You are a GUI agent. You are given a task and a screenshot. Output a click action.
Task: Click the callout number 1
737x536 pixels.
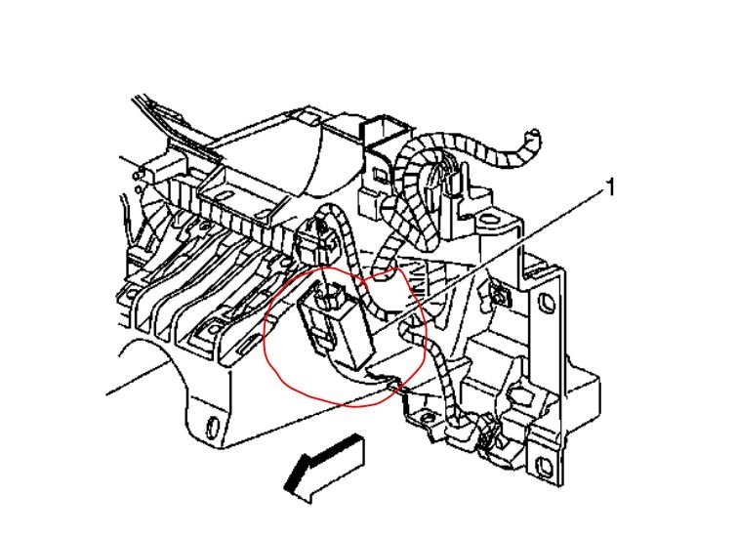611,186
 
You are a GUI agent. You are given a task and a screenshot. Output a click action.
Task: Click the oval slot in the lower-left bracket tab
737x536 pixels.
210,425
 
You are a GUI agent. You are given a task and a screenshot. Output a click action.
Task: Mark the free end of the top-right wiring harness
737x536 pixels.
533,134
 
